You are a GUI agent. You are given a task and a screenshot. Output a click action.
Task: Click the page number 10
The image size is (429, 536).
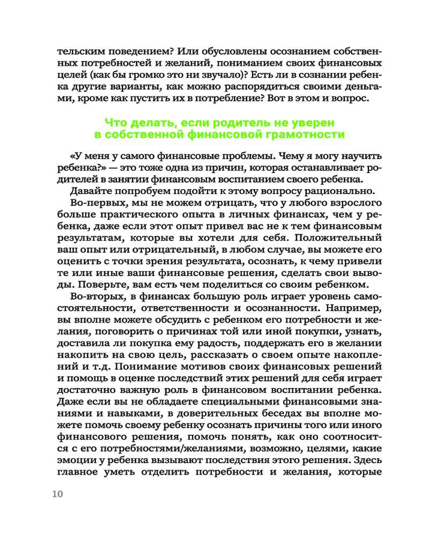click(x=57, y=494)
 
